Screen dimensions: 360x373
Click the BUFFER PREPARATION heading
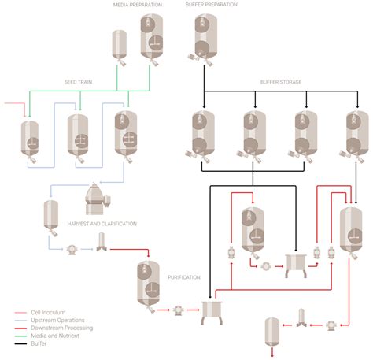[x=212, y=5]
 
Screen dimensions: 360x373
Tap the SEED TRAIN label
[x=79, y=82]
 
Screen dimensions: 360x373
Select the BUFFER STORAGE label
[x=281, y=82]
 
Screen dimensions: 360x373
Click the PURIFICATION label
[x=184, y=277]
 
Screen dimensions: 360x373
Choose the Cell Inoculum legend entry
[x=39, y=313]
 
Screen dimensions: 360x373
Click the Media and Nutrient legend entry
[x=46, y=336]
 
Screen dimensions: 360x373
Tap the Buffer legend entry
[x=35, y=343]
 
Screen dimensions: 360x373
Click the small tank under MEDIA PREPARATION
[x=119, y=45]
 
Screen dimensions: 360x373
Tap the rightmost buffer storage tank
[x=356, y=134]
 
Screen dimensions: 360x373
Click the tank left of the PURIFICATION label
[x=146, y=284]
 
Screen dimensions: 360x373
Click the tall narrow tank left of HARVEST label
[x=51, y=217]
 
